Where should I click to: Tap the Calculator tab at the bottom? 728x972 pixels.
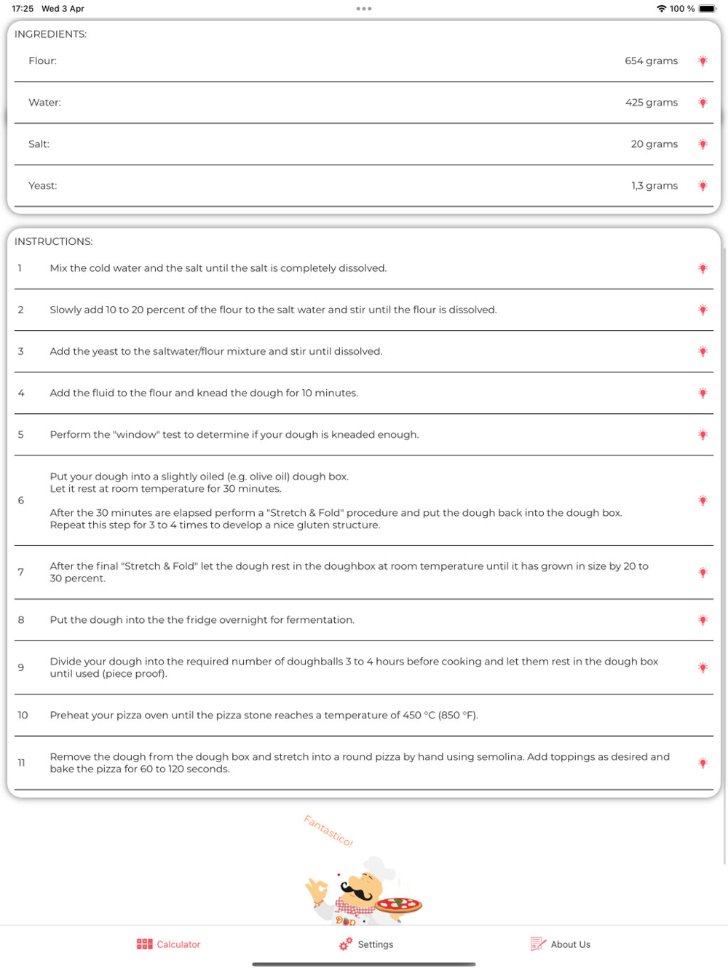(x=169, y=944)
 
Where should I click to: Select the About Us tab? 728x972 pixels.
(x=561, y=944)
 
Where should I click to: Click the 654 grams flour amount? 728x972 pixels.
(x=651, y=61)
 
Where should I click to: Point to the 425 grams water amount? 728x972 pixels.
(x=651, y=103)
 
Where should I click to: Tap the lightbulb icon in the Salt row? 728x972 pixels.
(x=703, y=144)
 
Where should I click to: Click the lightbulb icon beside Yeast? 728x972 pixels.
(x=703, y=186)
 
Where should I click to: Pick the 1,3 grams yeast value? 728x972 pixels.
(x=654, y=186)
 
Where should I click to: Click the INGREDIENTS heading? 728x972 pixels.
(x=50, y=34)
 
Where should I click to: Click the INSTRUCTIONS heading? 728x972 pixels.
(x=53, y=241)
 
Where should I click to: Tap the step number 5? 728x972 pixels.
(x=21, y=435)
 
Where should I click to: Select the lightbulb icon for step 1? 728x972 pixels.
(x=703, y=269)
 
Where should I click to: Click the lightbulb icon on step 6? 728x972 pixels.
(x=703, y=501)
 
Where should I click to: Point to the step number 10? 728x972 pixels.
(x=23, y=716)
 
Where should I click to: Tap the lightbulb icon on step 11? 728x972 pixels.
(x=703, y=763)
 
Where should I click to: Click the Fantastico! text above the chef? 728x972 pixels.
(x=328, y=831)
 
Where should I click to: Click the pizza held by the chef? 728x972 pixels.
(x=399, y=905)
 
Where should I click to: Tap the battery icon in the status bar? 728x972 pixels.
(x=707, y=9)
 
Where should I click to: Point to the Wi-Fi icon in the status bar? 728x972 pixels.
(x=661, y=9)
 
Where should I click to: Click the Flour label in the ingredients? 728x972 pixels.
(x=42, y=61)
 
